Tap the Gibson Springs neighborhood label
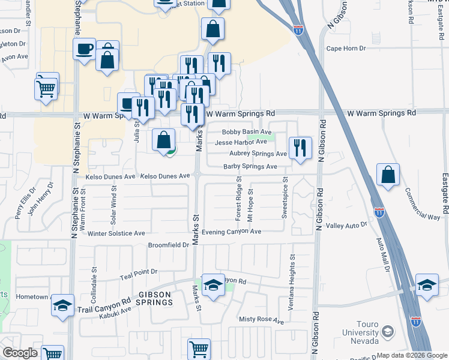pyautogui.click(x=155, y=298)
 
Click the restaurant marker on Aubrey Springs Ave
pyautogui.click(x=300, y=148)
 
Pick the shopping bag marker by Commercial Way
pyautogui.click(x=388, y=175)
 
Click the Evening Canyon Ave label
pyautogui.click(x=231, y=232)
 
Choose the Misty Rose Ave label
pyautogui.click(x=261, y=320)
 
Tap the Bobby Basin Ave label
pyautogui.click(x=247, y=132)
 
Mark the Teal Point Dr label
pyautogui.click(x=138, y=272)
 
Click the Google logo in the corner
pyautogui.click(x=20, y=353)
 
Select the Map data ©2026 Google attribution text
pyautogui.click(x=412, y=355)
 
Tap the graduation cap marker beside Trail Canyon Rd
pyautogui.click(x=63, y=305)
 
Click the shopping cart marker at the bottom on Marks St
pyautogui.click(x=199, y=349)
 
